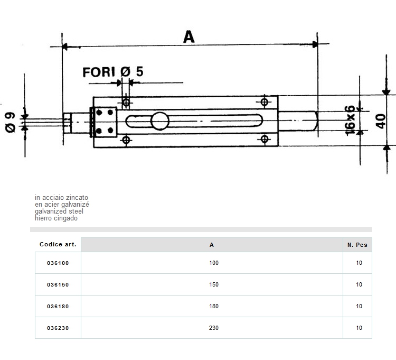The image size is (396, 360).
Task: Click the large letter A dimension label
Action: point(188,36)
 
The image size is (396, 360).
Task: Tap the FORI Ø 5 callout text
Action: point(113,72)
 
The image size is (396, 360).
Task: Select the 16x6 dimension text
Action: point(350,119)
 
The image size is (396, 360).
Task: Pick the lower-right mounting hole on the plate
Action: point(265,139)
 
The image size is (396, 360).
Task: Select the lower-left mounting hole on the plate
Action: point(126,140)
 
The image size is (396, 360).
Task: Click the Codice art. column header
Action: point(58,245)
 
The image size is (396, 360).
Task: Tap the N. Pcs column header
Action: point(357,245)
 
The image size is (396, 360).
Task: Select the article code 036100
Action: point(58,263)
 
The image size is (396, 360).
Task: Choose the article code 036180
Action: point(58,306)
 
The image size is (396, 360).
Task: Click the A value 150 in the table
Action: point(213,284)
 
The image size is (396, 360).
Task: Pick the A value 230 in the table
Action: point(213,328)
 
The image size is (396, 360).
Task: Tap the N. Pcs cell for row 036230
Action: point(359,328)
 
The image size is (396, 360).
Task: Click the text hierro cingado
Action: point(56,218)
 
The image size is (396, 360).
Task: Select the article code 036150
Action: point(58,284)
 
